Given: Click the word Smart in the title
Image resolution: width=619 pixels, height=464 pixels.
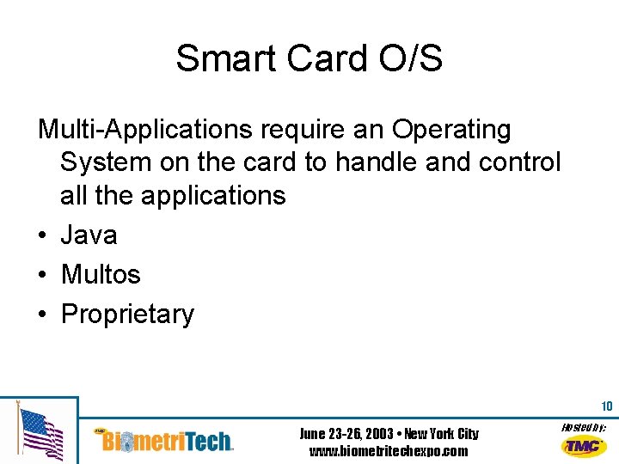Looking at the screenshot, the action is pos(225,58).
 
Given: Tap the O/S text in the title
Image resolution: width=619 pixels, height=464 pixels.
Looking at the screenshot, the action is pos(410,58).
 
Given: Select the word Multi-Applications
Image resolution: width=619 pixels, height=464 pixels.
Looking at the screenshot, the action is pos(145,130).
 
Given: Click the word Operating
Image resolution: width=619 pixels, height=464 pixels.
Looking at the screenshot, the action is pos(451,130).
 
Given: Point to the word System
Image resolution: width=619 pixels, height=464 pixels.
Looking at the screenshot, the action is pos(106,162).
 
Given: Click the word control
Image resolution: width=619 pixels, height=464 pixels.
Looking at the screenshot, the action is pos(519,162).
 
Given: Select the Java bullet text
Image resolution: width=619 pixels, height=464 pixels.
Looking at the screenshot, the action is pos(89,235).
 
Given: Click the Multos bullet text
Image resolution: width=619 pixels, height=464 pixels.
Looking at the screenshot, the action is pos(101,274).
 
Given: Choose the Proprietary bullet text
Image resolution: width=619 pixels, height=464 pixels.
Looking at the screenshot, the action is pos(127,314).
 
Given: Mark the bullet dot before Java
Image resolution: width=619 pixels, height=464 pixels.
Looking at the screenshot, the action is pos(43,235).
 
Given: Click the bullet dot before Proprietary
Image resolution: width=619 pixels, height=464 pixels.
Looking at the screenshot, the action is pos(43,314).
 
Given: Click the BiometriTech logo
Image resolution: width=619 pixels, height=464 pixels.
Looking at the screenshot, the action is pos(163,440).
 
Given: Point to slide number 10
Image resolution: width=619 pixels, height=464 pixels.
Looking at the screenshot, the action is pos(607,406).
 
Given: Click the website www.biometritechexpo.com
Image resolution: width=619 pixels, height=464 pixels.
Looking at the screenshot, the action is pos(389,450).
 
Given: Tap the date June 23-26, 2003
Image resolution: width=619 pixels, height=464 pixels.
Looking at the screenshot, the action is pos(346,434).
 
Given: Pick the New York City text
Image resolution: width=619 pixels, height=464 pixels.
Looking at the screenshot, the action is pos(441,434).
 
